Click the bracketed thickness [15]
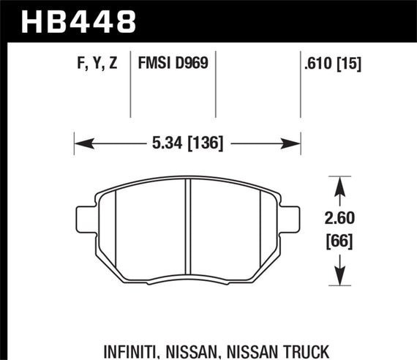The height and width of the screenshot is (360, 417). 350,64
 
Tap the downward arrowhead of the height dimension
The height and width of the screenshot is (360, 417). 339,279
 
